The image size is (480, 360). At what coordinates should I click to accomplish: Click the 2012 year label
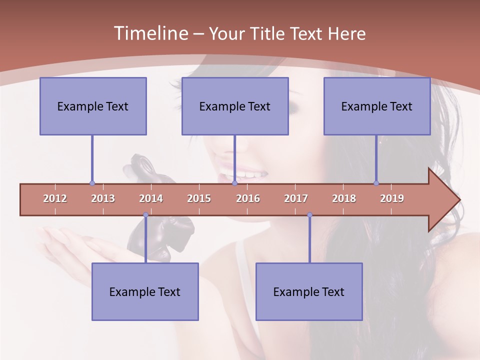click(55, 198)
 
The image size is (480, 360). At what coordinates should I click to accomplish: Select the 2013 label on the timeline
click(103, 198)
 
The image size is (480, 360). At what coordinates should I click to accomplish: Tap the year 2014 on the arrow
click(151, 198)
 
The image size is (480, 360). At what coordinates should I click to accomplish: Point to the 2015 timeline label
click(199, 198)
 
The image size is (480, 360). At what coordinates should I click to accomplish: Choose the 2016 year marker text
click(248, 198)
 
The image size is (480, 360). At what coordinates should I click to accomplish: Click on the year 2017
click(296, 198)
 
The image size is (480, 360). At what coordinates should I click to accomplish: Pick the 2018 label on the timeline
click(344, 198)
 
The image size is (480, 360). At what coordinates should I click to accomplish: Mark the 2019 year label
click(392, 198)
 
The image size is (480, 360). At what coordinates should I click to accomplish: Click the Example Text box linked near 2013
click(93, 106)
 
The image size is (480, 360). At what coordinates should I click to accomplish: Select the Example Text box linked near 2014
click(145, 291)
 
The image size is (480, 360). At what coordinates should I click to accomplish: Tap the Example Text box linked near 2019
click(377, 106)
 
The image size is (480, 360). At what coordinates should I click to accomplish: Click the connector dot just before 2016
click(235, 183)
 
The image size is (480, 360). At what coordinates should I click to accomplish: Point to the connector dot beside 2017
click(309, 215)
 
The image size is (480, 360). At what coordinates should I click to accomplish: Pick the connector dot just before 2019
click(376, 183)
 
